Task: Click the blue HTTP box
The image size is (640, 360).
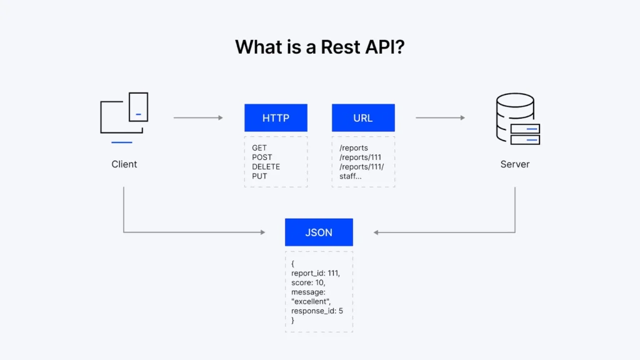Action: pyautogui.click(x=276, y=117)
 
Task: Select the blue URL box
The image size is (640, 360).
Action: pyautogui.click(x=363, y=117)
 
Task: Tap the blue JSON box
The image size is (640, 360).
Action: pyautogui.click(x=319, y=232)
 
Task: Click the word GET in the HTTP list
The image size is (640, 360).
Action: pyautogui.click(x=259, y=148)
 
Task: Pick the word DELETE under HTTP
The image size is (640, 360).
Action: pyautogui.click(x=266, y=167)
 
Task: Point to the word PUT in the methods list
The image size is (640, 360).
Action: pyautogui.click(x=259, y=176)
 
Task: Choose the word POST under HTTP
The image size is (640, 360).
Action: pyautogui.click(x=262, y=157)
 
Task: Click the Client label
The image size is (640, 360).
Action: pyautogui.click(x=124, y=164)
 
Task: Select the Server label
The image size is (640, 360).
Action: pyautogui.click(x=515, y=164)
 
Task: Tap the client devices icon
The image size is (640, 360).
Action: pyautogui.click(x=124, y=116)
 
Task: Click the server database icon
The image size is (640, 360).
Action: pyautogui.click(x=516, y=119)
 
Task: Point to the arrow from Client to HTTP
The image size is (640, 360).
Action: pyautogui.click(x=197, y=117)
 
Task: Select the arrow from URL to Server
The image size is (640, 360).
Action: pyautogui.click(x=440, y=117)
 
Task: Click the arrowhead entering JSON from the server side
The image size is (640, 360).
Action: pyautogui.click(x=377, y=232)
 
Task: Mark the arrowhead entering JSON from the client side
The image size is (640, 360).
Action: pyautogui.click(x=262, y=232)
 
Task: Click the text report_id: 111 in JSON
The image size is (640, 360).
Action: pyautogui.click(x=315, y=273)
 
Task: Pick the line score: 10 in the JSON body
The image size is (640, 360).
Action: pyautogui.click(x=307, y=282)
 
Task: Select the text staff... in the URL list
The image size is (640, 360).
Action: pyautogui.click(x=350, y=176)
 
